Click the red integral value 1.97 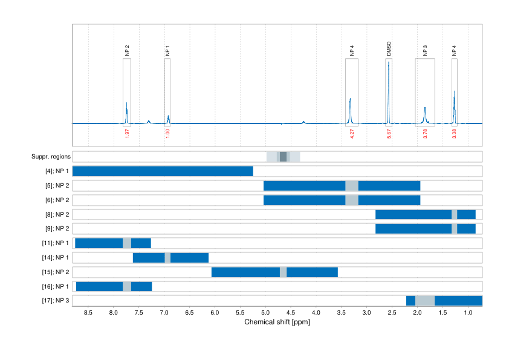coord(127,133)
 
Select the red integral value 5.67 coord(389,133)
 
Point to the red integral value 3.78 coord(425,133)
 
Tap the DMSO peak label coord(389,48)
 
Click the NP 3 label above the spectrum coord(425,50)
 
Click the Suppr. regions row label coord(51,157)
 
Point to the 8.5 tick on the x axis coord(88,313)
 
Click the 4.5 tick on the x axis coord(291,313)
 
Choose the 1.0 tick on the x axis coord(468,313)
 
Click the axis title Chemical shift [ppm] coord(277,322)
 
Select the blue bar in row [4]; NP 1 coord(163,171)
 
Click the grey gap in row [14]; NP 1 coord(167,258)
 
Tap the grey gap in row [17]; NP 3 coord(425,301)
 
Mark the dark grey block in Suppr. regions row coord(283,157)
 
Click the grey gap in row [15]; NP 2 coord(283,272)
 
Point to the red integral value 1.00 coord(167,133)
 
